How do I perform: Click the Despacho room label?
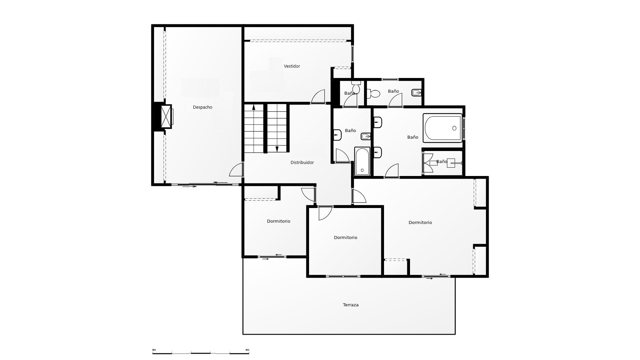click(202, 107)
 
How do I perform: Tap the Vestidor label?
click(292, 66)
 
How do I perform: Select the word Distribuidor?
click(302, 163)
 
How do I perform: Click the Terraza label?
click(351, 305)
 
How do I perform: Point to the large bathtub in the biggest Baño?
click(443, 128)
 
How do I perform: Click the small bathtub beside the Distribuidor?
click(362, 161)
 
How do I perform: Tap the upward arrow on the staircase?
click(254, 107)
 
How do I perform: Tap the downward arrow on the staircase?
click(277, 149)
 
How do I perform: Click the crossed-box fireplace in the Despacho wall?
click(166, 117)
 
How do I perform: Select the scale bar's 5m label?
click(247, 350)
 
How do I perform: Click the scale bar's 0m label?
click(154, 350)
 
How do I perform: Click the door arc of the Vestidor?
click(319, 97)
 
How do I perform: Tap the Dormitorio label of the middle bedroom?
click(345, 238)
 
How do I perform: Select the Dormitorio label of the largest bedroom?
click(420, 223)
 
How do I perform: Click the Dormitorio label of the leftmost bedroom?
click(278, 221)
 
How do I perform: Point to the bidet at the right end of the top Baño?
click(416, 93)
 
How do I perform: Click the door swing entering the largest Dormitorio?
click(359, 196)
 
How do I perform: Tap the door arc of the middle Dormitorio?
click(325, 213)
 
